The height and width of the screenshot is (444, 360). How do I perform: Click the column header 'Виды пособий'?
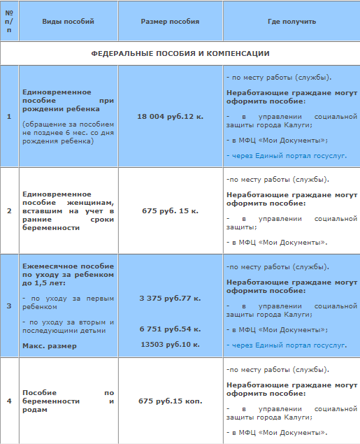tap(68, 22)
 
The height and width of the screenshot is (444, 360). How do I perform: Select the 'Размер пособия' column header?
tap(170, 22)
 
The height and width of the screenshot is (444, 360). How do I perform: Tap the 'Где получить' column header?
tap(291, 22)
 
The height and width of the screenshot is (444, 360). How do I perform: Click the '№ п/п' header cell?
tap(9, 22)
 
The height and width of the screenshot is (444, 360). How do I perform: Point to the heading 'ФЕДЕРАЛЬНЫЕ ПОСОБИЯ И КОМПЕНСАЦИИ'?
tap(180, 53)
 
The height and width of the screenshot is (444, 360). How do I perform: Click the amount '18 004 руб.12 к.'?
tap(170, 116)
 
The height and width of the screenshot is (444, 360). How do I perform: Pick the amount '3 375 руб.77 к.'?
tap(170, 299)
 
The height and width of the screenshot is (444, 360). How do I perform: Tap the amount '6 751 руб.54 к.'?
tap(170, 329)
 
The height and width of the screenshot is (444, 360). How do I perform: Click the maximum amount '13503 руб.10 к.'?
tap(170, 344)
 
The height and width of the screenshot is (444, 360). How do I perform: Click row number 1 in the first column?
tap(9, 116)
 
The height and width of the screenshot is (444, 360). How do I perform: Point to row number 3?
tap(9, 306)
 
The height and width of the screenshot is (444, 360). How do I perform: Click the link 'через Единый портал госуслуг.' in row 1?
tap(287, 155)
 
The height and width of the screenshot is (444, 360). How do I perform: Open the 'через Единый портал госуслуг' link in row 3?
tap(287, 345)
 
